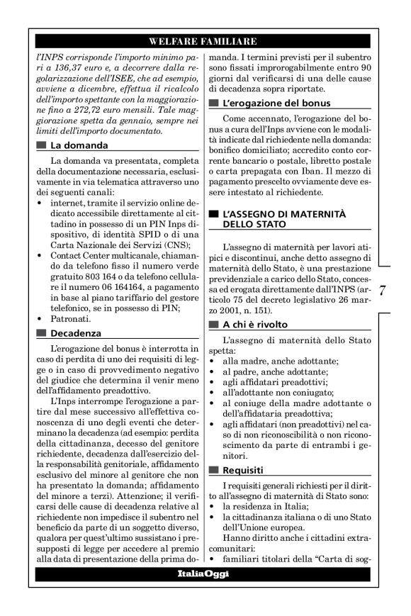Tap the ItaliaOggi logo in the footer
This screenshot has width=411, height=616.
tap(205, 573)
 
